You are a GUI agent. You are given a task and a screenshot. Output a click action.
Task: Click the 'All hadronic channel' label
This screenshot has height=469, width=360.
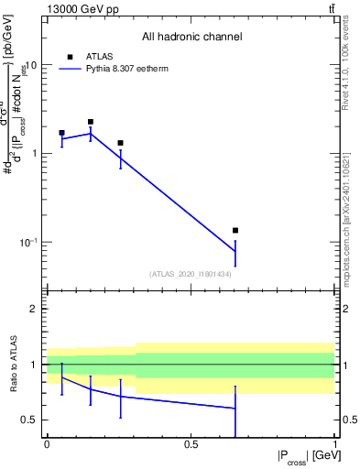coord(191,38)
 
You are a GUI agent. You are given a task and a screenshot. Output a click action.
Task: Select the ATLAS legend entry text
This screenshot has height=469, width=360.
coord(99,56)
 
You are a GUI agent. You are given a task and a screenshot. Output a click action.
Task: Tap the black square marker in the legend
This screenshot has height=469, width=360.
coord(70,56)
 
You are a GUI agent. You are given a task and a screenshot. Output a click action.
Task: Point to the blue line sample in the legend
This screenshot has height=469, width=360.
coord(70,69)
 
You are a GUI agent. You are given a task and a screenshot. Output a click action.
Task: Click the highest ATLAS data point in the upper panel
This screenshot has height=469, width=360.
coord(91,122)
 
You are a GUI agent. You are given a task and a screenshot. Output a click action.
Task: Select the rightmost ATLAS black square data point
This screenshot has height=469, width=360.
coord(235,231)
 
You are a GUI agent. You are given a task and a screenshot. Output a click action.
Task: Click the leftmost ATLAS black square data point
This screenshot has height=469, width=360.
coord(61,133)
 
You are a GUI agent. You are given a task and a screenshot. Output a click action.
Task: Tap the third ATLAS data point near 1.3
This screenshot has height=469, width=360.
coord(120,143)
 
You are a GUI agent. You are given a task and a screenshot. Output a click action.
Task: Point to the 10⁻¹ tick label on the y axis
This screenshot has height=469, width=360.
coord(28,242)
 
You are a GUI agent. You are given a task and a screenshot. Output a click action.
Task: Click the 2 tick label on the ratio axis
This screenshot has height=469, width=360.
coord(36,310)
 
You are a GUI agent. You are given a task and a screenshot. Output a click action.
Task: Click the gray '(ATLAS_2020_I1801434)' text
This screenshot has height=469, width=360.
coord(191,274)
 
